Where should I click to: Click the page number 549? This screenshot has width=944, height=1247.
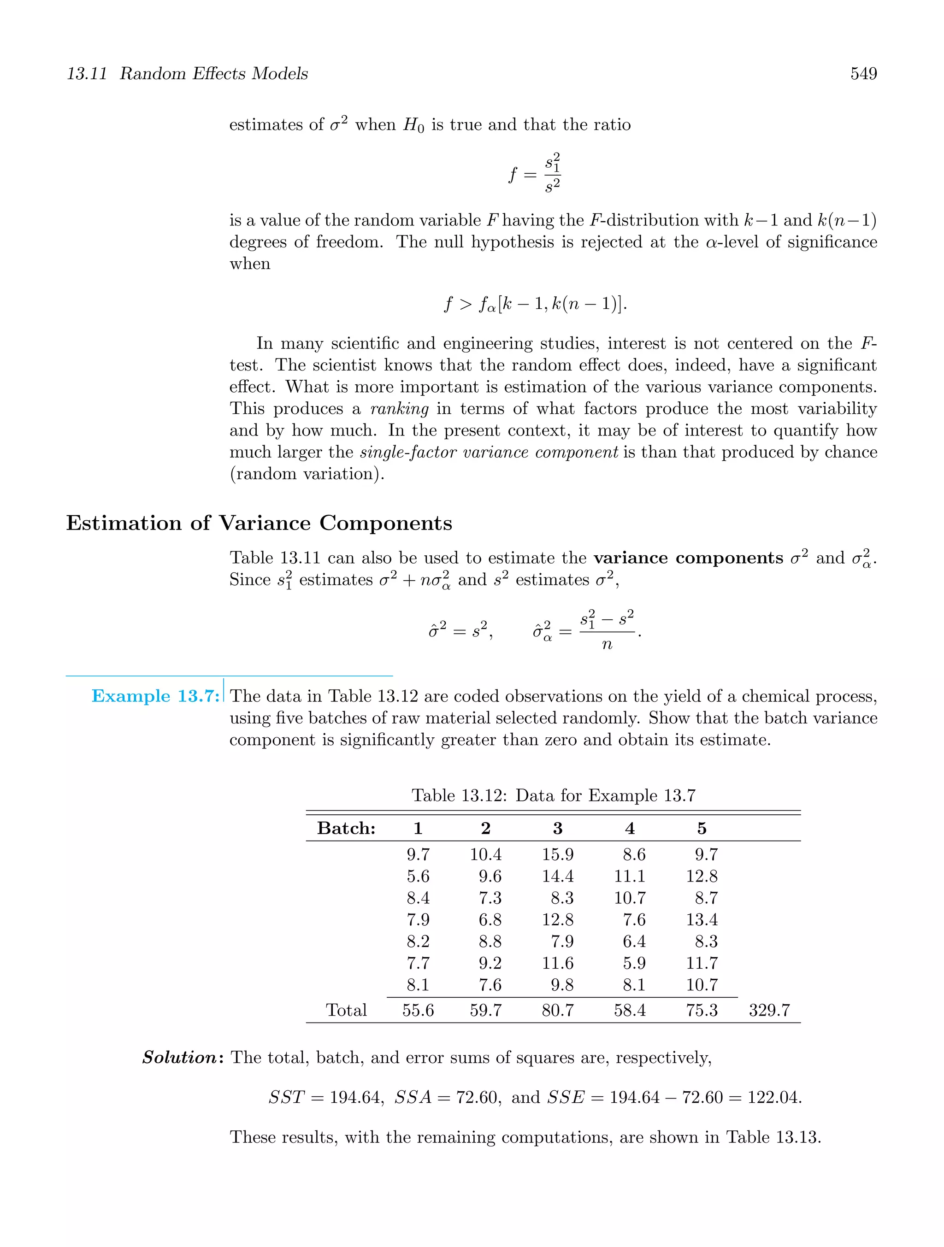pos(863,74)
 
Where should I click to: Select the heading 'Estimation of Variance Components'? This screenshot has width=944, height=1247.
pos(259,523)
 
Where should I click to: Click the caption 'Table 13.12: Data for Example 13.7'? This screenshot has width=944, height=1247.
pos(553,795)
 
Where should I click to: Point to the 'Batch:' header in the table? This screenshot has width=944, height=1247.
pos(346,828)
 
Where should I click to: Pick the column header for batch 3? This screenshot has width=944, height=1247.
pos(557,828)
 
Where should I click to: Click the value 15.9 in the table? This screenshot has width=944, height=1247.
pos(557,855)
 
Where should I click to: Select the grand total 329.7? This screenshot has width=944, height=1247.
pos(769,1010)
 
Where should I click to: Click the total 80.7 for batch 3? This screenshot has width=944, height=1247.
pos(557,1010)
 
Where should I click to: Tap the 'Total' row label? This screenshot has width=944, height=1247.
pos(346,1010)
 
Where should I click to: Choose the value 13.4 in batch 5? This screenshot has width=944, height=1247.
pos(702,920)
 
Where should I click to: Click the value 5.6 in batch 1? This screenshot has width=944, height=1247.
pos(418,876)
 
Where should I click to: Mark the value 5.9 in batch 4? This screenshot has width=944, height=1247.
pos(634,964)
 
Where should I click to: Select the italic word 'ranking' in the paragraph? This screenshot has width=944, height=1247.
pos(399,409)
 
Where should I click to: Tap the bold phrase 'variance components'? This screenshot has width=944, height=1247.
pos(688,558)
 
